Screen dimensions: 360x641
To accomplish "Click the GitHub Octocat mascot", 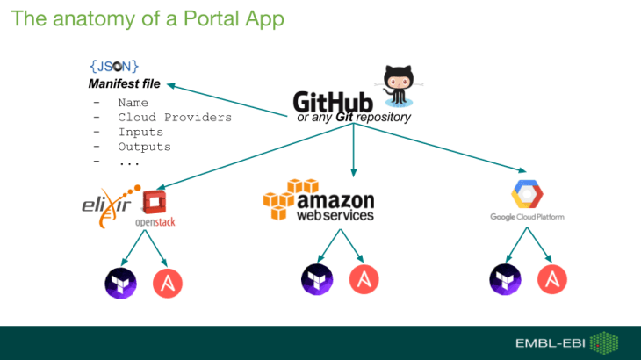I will (x=398, y=83).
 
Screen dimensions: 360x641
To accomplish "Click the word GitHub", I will (x=333, y=103).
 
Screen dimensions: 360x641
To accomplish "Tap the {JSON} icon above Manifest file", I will (x=113, y=66).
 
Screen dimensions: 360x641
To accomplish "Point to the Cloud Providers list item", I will (x=174, y=117).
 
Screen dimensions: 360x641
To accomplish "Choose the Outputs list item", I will (x=144, y=147).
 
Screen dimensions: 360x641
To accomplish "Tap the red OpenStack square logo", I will (x=155, y=202).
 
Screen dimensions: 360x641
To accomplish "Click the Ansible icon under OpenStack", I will (x=167, y=282).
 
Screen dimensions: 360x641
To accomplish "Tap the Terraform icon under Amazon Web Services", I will (x=315, y=278).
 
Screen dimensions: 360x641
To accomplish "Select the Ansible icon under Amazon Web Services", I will (x=364, y=278).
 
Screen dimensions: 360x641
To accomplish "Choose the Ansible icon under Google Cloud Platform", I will (x=552, y=278).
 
